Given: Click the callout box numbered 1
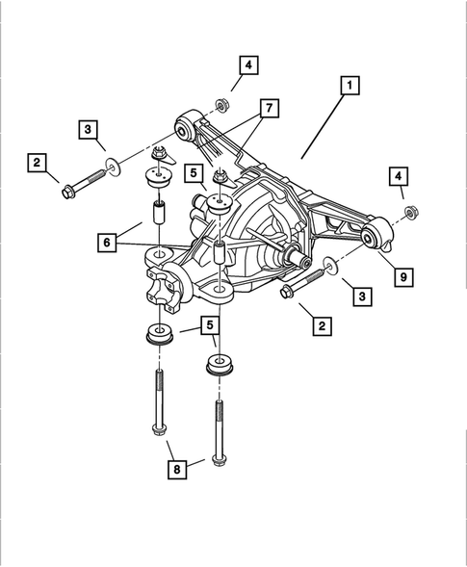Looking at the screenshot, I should (x=349, y=87).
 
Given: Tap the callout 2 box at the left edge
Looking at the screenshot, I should (x=37, y=166).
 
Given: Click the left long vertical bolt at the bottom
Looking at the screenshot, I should (x=157, y=405).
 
